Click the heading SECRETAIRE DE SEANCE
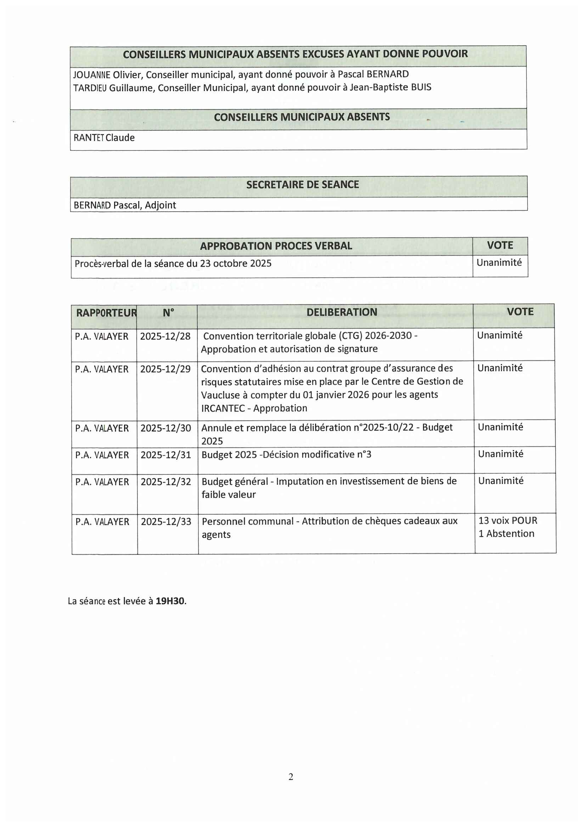pyautogui.click(x=302, y=185)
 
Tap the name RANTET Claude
pyautogui.click(x=104, y=138)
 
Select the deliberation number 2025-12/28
pyautogui.click(x=165, y=336)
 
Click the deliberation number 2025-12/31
pyautogui.click(x=165, y=455)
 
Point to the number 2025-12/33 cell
pyautogui.click(x=166, y=521)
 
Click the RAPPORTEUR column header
pyautogui.click(x=106, y=313)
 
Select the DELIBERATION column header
pyautogui.click(x=342, y=312)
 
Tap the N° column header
pyautogui.click(x=168, y=313)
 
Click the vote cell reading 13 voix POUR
pyautogui.click(x=508, y=520)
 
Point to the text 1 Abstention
pyautogui.click(x=506, y=534)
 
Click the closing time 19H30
pyautogui.click(x=170, y=601)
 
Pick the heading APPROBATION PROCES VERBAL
pyautogui.click(x=276, y=246)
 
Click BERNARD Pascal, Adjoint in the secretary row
pyautogui.click(x=125, y=205)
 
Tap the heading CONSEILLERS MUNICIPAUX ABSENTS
pyautogui.click(x=302, y=117)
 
